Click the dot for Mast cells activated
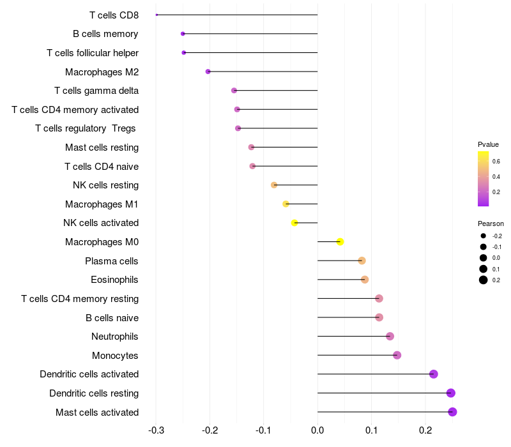[x=452, y=412]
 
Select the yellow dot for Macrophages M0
[x=340, y=241]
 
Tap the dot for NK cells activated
[x=294, y=223]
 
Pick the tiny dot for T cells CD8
[x=156, y=15]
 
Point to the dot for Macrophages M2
[x=208, y=72]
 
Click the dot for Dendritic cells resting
[x=451, y=393]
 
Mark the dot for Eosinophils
[x=365, y=280]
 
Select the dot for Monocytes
[x=397, y=355]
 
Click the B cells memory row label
[x=105, y=34]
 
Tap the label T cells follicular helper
[x=93, y=52]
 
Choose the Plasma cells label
[x=112, y=261]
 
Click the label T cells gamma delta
[x=96, y=91]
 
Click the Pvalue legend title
[x=488, y=144]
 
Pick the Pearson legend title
[x=491, y=223]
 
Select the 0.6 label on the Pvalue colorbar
[x=496, y=161]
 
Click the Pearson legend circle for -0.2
[x=484, y=236]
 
